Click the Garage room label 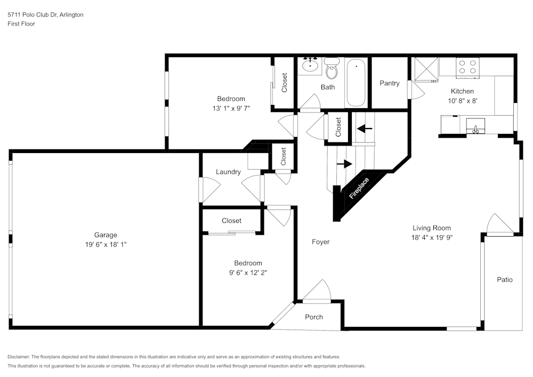coord(106,235)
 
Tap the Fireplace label coord(359,189)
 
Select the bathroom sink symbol coord(309,65)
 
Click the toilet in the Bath coord(331,69)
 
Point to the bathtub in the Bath coord(356,83)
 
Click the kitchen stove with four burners coord(467,67)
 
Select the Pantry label coord(390,83)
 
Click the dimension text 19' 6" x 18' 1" coord(106,244)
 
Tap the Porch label coord(314,317)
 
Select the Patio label coord(504,279)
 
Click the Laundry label coord(228,172)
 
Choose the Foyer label coord(320,242)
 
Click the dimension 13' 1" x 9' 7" coord(231,108)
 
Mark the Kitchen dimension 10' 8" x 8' coord(462,100)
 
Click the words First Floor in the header coord(21,24)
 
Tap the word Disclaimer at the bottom coord(19,357)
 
